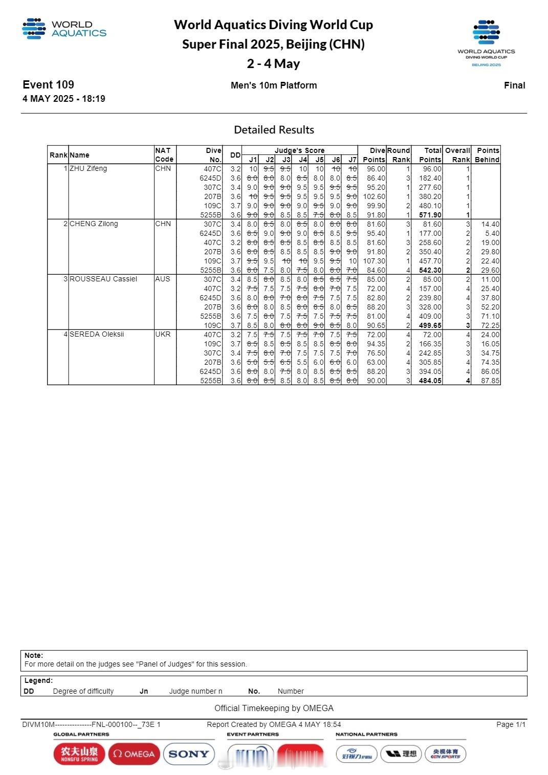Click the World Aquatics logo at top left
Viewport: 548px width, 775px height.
64,29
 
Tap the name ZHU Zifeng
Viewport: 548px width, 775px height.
88,168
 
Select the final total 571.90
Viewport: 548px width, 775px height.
430,215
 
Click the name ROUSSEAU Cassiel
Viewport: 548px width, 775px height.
103,279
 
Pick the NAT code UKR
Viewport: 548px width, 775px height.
163,334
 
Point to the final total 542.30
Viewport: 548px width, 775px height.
430,270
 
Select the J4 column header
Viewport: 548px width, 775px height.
303,160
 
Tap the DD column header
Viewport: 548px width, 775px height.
235,155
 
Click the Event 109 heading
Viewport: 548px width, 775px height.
48,85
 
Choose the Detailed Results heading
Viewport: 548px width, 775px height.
274,130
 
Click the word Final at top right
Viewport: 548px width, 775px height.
514,85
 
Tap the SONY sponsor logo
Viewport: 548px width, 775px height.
188,754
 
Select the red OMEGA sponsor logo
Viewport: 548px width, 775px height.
134,754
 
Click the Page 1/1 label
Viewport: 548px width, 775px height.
510,724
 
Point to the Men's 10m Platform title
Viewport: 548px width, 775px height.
274,85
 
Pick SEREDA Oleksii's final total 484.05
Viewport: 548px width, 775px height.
430,381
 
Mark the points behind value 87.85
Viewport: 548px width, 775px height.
490,381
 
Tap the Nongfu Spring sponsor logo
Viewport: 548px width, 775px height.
79,754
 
